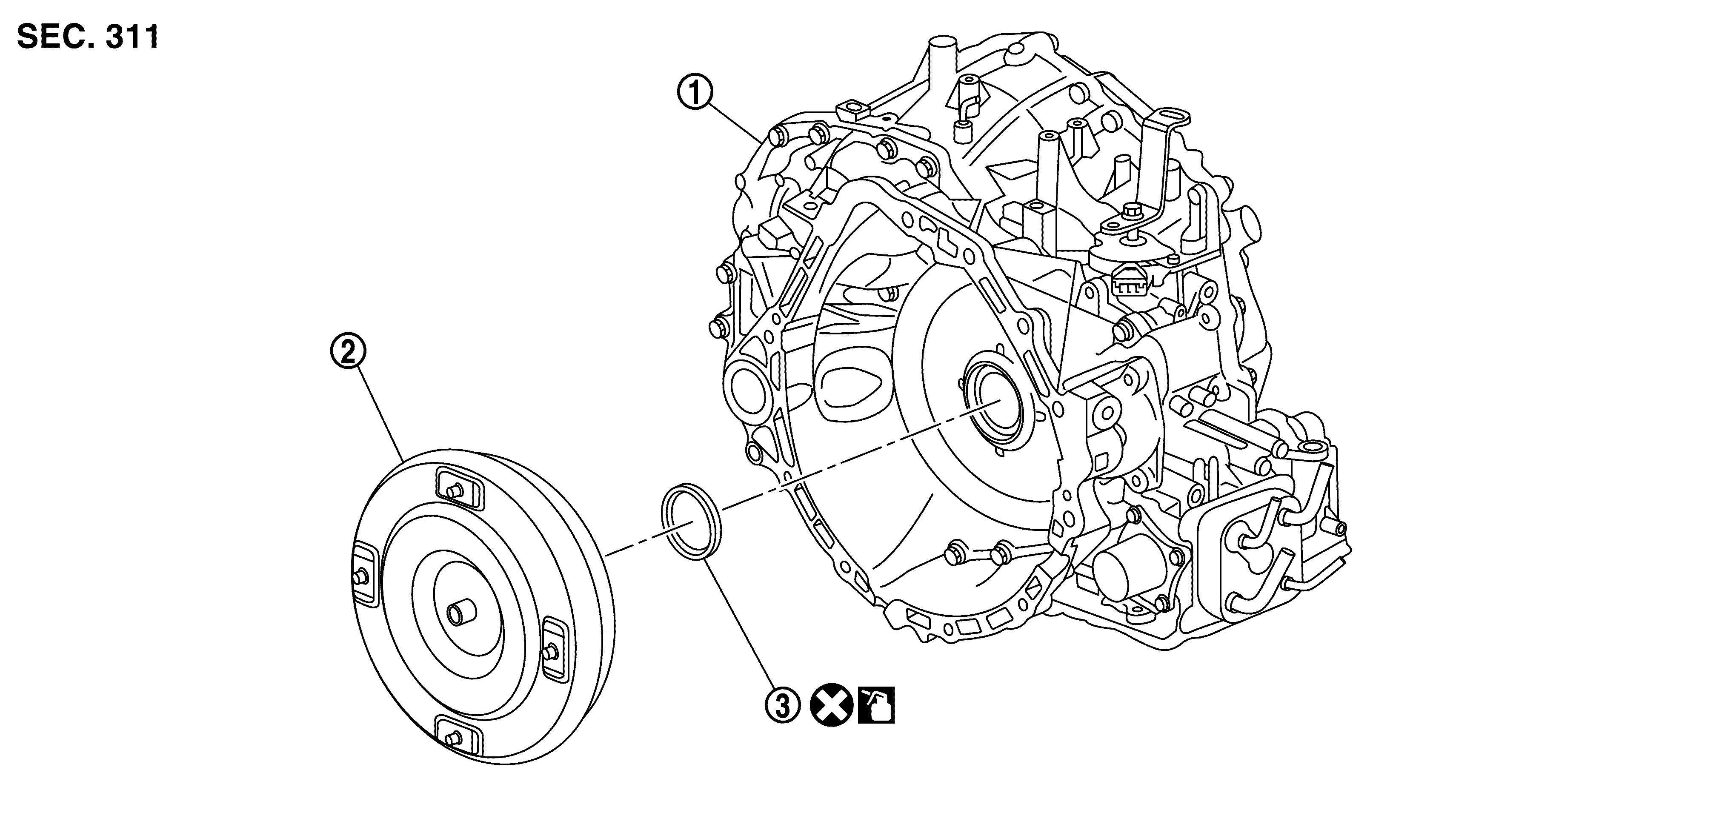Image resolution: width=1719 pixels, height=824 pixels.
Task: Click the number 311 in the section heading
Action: [132, 37]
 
